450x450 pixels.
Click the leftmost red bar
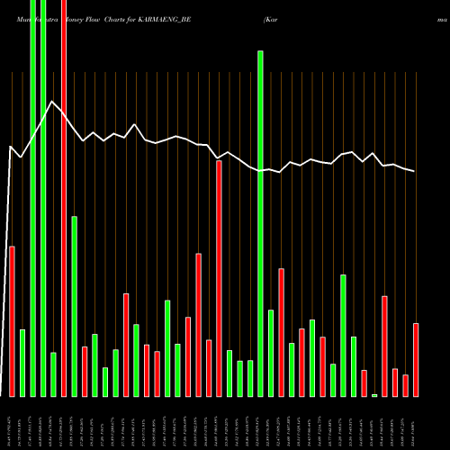pyautogui.click(x=12, y=320)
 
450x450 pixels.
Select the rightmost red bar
pyautogui.click(x=416, y=359)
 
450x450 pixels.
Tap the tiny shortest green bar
pyautogui.click(x=374, y=394)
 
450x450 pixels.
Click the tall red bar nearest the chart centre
pyautogui.click(x=219, y=278)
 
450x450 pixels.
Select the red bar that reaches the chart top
pyautogui.click(x=64, y=198)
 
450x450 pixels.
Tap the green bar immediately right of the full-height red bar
pyautogui.click(x=75, y=306)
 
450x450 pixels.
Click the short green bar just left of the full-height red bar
pyautogui.click(x=53, y=373)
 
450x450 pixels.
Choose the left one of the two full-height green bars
pyautogui.click(x=32, y=198)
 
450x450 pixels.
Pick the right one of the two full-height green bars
pyautogui.click(x=43, y=198)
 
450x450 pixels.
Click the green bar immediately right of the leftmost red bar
pyautogui.click(x=22, y=363)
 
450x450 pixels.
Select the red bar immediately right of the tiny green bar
pyautogui.click(x=384, y=346)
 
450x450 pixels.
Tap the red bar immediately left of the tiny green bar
pyautogui.click(x=364, y=382)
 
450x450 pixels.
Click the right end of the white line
pyautogui.click(x=415, y=171)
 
